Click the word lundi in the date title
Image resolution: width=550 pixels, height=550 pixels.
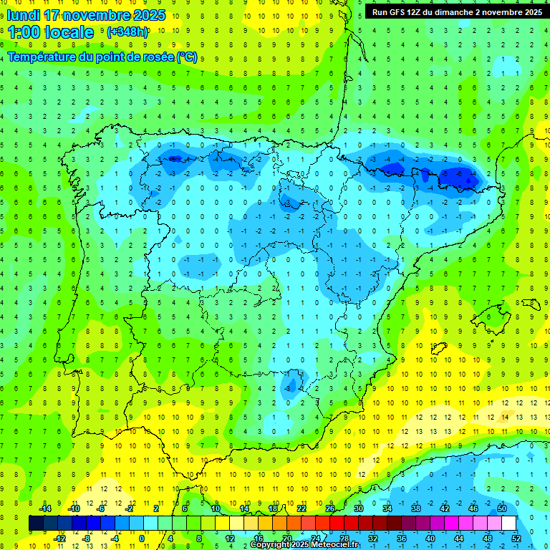click(x=23, y=15)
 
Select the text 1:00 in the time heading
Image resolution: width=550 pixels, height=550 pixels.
click(x=24, y=32)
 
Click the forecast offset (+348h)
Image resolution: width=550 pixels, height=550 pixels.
click(x=127, y=32)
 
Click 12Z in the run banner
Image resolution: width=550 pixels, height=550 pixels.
click(x=422, y=12)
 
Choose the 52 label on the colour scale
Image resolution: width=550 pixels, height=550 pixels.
click(x=516, y=538)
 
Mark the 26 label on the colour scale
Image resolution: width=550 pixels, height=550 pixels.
click(x=330, y=508)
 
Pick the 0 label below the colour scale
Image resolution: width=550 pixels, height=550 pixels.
click(x=142, y=538)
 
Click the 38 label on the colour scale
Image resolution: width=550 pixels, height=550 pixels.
click(x=416, y=508)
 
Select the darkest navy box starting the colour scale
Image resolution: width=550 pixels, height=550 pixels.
click(x=36, y=523)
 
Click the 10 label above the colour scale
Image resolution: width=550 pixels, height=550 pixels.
click(x=216, y=508)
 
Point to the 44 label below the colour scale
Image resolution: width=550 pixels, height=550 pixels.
click(x=459, y=538)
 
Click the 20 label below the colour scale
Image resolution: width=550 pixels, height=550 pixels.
click(x=287, y=538)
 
